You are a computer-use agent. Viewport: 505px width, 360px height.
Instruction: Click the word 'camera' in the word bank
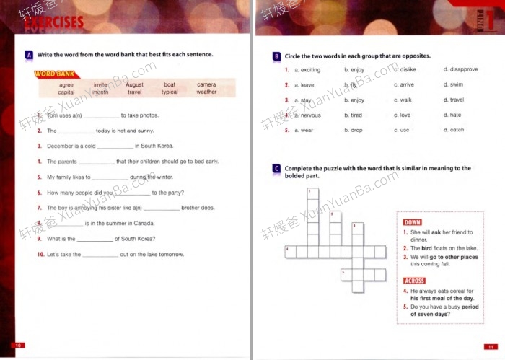(206, 84)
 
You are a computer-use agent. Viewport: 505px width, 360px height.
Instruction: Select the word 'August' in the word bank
(135, 84)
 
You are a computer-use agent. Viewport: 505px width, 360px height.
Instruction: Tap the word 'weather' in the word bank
(206, 92)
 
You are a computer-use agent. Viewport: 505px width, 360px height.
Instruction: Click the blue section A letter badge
(28, 55)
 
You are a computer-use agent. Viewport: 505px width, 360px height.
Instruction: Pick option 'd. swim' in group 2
(453, 85)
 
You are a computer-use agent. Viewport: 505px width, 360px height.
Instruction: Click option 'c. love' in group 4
(402, 115)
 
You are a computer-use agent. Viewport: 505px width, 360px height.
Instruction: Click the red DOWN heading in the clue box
(413, 222)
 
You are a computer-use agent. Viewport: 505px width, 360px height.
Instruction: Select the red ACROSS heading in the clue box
(415, 281)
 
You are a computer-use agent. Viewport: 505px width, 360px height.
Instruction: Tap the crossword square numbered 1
(312, 193)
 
